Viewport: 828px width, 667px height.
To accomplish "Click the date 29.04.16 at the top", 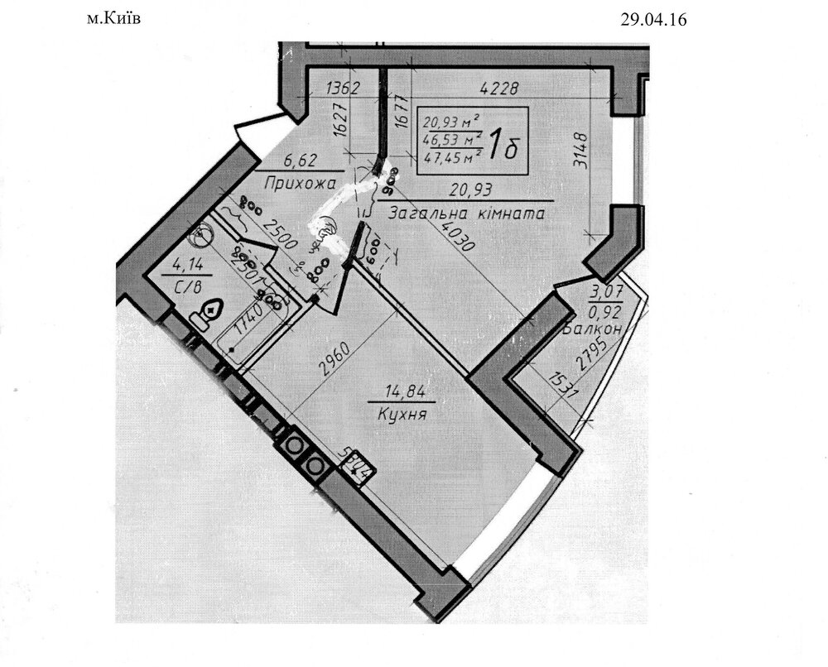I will (654, 21).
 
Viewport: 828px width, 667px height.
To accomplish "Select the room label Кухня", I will (401, 414).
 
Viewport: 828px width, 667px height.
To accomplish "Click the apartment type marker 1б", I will (499, 146).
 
